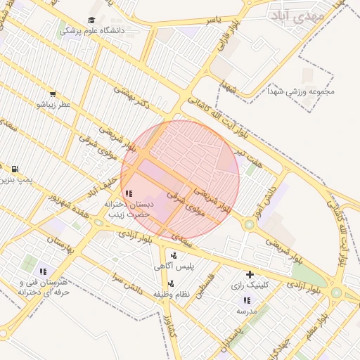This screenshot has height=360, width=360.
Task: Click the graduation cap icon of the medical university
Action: coord(92,20)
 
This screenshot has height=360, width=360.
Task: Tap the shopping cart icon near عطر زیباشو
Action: coord(53,94)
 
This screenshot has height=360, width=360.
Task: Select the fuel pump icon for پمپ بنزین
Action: coord(15,169)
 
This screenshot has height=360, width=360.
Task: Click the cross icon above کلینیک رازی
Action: coord(250,274)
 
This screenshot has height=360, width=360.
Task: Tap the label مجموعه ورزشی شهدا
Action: coord(301,91)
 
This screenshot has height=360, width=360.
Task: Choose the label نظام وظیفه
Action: coord(174,294)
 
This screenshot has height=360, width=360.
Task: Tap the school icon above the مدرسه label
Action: coord(246,300)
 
